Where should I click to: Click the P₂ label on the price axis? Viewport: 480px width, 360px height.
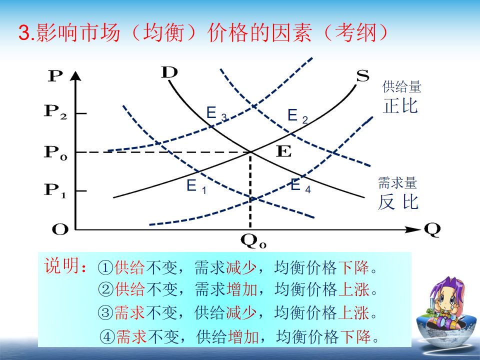(x=55, y=111)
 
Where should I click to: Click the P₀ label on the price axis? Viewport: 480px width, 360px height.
(x=55, y=152)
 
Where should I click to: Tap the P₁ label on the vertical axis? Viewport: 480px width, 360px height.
(x=55, y=190)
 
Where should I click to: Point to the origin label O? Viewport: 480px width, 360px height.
(x=60, y=229)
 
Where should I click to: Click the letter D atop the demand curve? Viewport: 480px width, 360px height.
(x=169, y=72)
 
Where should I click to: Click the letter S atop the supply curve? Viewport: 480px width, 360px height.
(x=363, y=75)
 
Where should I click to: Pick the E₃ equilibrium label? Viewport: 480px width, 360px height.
(x=216, y=113)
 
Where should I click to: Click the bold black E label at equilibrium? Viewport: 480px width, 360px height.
(x=284, y=151)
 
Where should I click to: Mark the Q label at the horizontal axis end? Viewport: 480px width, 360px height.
(x=432, y=230)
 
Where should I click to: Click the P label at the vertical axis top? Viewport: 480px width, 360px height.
(x=55, y=75)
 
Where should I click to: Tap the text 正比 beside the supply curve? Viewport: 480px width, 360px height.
(x=400, y=106)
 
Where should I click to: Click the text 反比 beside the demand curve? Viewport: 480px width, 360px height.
(x=398, y=201)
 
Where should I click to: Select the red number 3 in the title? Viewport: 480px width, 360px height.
(x=25, y=32)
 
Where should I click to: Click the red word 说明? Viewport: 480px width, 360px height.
(x=62, y=265)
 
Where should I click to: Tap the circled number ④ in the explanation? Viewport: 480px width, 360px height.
(x=107, y=337)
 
